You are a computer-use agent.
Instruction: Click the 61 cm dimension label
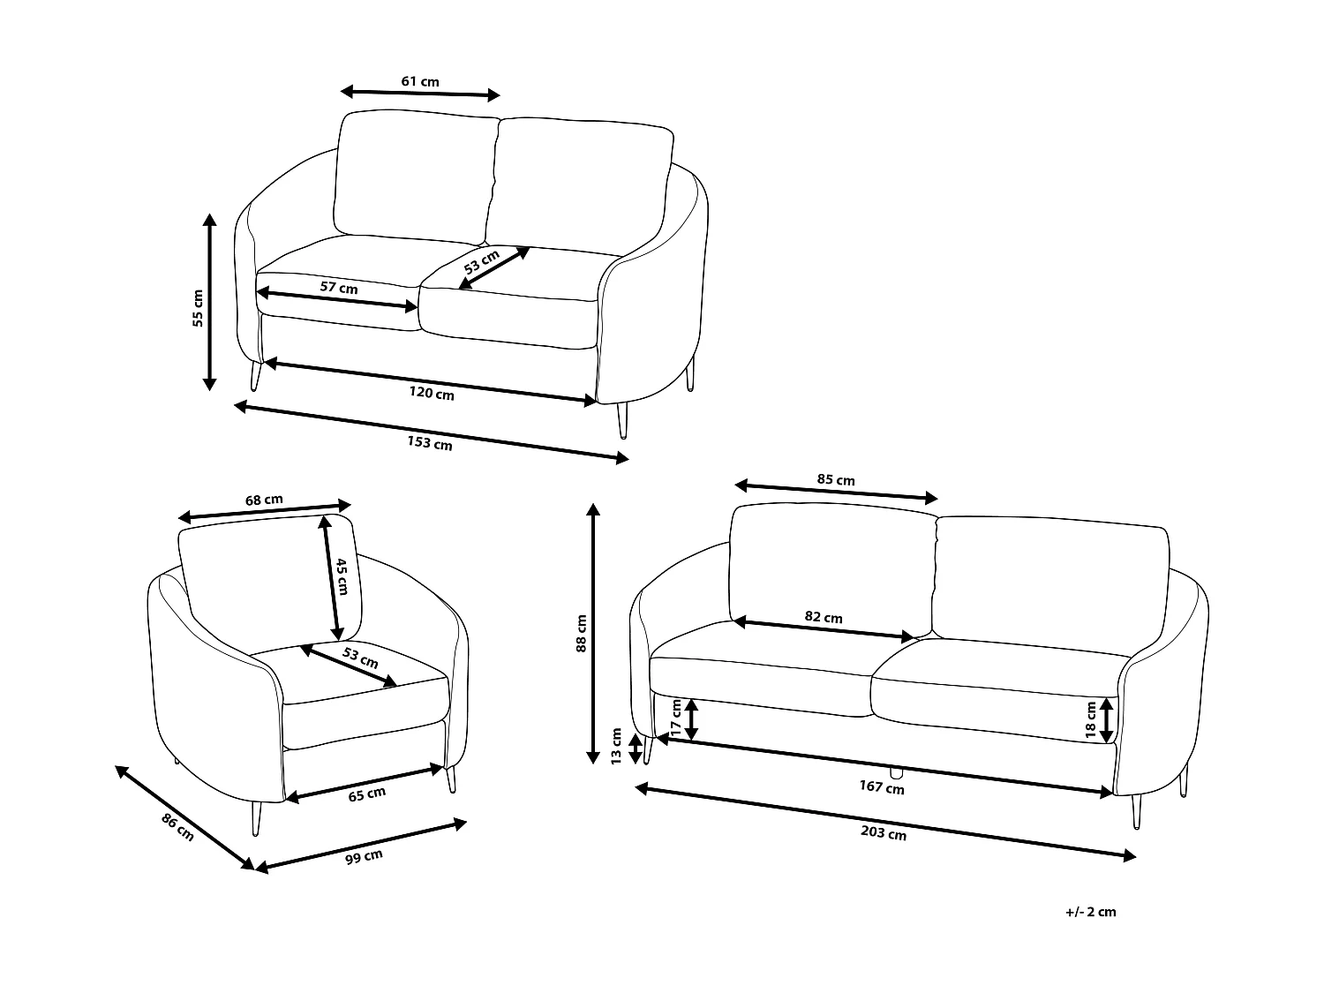click(x=420, y=81)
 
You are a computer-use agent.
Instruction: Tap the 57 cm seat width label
click(x=338, y=287)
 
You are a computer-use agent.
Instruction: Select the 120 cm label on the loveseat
click(x=432, y=393)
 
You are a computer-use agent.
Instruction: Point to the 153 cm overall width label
click(x=430, y=443)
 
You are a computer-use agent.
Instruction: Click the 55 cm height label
click(x=198, y=308)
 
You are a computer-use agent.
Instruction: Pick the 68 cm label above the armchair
click(x=264, y=500)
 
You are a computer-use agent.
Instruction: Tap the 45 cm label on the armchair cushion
click(x=342, y=576)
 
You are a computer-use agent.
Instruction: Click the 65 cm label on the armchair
click(x=366, y=794)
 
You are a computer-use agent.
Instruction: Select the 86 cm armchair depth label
click(x=177, y=827)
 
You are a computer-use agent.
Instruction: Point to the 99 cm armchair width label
click(x=364, y=857)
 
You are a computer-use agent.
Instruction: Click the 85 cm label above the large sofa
click(x=835, y=480)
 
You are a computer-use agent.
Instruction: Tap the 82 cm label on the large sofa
click(x=824, y=617)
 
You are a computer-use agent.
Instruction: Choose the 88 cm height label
click(x=581, y=633)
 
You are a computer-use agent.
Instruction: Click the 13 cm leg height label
click(x=616, y=746)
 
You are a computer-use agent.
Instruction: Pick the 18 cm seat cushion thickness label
click(x=1091, y=720)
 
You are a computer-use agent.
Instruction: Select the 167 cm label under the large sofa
click(x=882, y=786)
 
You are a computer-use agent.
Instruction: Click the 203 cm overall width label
click(x=884, y=832)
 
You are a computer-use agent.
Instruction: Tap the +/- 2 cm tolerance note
click(x=1091, y=912)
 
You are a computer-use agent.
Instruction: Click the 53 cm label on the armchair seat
click(x=361, y=658)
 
